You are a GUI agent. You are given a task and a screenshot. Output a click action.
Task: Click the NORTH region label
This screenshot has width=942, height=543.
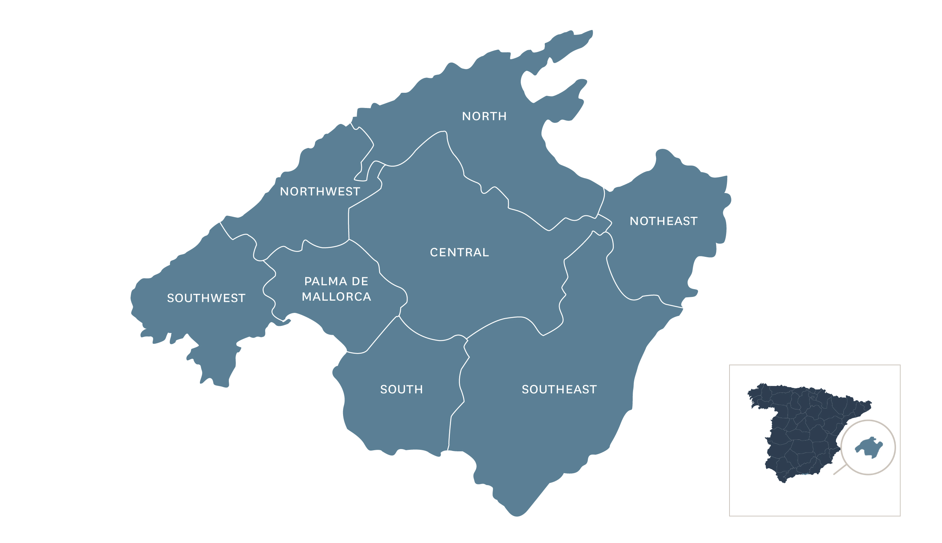(x=484, y=117)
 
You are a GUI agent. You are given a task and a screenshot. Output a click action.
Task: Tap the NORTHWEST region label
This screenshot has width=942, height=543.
(x=320, y=192)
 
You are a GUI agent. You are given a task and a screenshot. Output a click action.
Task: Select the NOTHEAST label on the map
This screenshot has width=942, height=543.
(x=663, y=221)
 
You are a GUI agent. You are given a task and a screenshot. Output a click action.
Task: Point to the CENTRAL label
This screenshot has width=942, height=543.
(x=460, y=252)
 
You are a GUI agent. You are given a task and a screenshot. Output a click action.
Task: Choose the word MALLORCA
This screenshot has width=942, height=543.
(x=336, y=297)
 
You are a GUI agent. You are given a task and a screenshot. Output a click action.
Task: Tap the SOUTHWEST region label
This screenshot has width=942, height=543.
(x=206, y=298)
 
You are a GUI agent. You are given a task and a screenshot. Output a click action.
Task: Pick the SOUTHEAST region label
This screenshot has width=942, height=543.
(x=559, y=389)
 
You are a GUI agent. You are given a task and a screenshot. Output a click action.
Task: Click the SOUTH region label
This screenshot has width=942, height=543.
(x=401, y=389)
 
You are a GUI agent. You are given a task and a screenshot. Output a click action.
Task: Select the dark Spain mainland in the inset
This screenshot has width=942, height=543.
(x=801, y=429)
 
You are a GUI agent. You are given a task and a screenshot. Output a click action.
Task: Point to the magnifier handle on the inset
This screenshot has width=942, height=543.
(x=840, y=470)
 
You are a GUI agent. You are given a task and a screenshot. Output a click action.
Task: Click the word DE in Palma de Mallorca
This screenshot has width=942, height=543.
(x=360, y=281)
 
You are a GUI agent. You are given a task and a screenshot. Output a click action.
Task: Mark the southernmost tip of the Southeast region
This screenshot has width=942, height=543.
(x=517, y=516)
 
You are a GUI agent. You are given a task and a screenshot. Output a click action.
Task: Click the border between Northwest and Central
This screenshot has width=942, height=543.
(x=348, y=224)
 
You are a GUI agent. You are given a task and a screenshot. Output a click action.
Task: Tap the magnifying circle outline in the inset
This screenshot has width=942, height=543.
(x=895, y=448)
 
